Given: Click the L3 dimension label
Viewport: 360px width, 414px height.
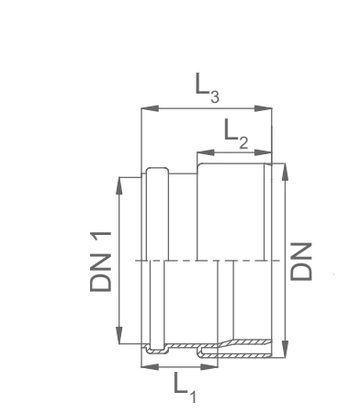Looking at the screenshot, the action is coord(208,88).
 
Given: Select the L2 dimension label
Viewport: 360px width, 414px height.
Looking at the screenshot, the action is coord(236,134).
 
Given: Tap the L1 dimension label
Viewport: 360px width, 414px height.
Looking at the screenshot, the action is coord(185,386).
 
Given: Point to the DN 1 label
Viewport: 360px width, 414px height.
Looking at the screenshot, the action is coord(100,262).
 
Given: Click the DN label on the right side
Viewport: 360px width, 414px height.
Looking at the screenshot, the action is coord(301,262).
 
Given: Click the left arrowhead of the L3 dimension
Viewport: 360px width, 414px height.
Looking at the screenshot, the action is coord(150,108).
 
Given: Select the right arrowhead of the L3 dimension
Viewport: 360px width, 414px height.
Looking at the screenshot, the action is coord(263,108).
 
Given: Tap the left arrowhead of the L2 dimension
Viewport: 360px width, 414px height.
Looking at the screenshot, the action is coord(206,152).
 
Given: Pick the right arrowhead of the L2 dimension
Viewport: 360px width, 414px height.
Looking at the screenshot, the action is coord(263,152).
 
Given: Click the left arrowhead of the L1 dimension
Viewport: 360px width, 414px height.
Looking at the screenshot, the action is coord(150,366).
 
